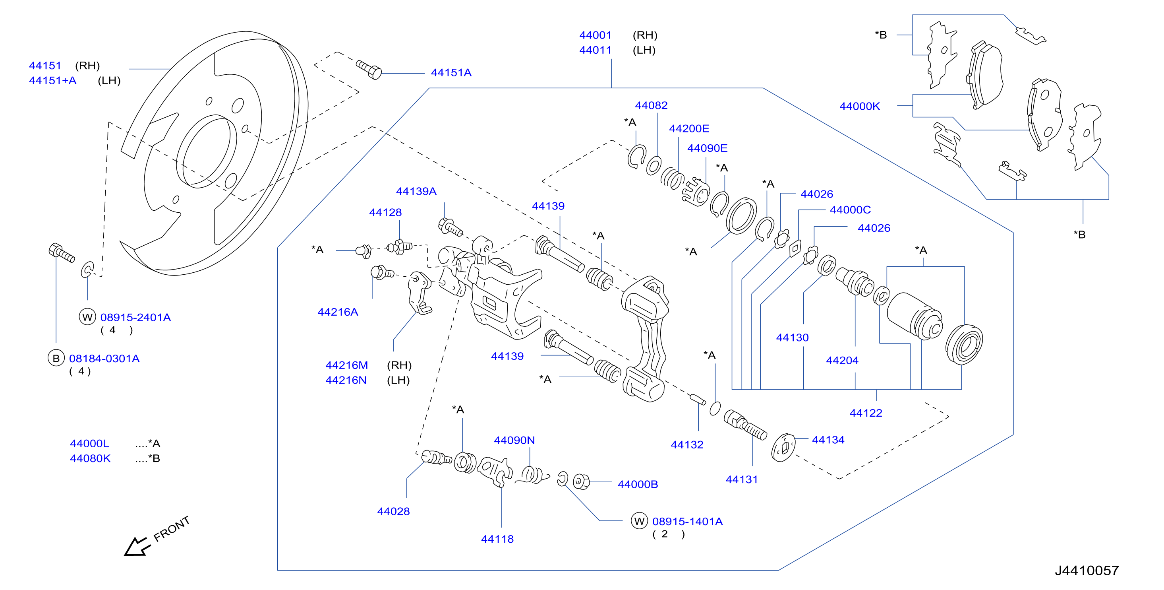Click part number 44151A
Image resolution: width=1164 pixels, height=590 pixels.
(451, 72)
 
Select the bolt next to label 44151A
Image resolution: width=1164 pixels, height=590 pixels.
(369, 69)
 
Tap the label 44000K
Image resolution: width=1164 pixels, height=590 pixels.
(859, 106)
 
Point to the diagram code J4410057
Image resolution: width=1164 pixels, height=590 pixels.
(1087, 571)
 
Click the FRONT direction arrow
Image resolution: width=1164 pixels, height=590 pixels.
(137, 546)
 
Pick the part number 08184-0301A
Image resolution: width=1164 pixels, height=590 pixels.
(104, 359)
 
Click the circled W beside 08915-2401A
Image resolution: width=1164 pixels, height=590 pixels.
(88, 317)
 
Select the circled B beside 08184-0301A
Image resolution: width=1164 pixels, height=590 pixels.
(56, 358)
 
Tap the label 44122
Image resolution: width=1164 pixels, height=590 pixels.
(866, 413)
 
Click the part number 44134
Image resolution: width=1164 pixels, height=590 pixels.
(828, 439)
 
